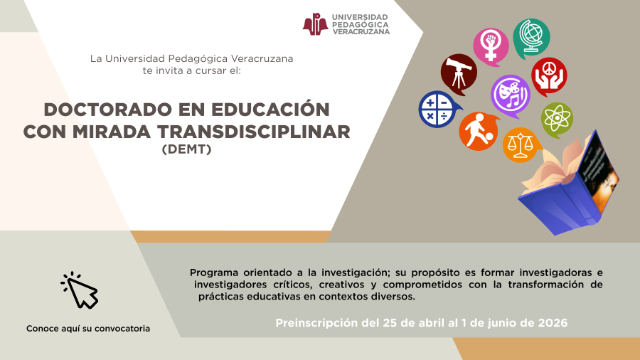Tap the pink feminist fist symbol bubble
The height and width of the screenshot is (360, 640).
[x=491, y=46]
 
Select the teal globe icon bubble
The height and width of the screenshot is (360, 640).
[x=531, y=38]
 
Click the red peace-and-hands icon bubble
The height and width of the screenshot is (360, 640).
[x=550, y=76]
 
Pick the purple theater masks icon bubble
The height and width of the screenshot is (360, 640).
[x=511, y=95]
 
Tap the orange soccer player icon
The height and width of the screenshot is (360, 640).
[x=479, y=131]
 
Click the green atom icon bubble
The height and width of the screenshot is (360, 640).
[x=557, y=120]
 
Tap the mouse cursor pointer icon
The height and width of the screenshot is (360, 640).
[x=80, y=290]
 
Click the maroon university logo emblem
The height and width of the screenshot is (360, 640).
[x=315, y=24]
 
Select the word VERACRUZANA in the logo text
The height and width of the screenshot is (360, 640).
[x=361, y=32]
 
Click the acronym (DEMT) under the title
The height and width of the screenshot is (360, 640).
[x=186, y=149]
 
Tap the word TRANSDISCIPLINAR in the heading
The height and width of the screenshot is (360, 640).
[x=254, y=132]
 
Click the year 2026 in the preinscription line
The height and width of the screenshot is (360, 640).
[x=553, y=323]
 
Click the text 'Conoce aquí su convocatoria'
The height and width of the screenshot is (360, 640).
[x=88, y=329]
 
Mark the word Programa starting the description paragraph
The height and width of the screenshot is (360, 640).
[x=214, y=272]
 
